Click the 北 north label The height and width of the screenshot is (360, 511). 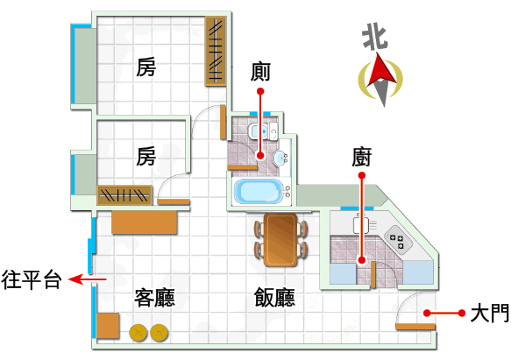(375, 37)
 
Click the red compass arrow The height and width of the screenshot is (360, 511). (380, 71)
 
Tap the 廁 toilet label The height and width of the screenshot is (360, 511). (260, 72)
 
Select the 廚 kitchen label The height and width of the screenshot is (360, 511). (361, 158)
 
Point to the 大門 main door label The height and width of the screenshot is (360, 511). (489, 313)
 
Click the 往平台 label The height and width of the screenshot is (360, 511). (32, 279)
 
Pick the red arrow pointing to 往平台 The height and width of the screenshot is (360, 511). (88, 279)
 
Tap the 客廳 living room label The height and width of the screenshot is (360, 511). (154, 298)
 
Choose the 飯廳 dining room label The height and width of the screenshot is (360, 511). (274, 298)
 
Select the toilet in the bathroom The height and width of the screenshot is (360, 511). (263, 131)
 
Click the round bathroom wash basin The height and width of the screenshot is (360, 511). (280, 159)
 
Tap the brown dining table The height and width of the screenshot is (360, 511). (280, 240)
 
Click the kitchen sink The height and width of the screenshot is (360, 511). (363, 225)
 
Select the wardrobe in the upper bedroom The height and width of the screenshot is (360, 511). (216, 52)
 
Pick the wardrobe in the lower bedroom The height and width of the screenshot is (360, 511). (124, 195)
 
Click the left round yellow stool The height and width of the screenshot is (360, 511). (138, 333)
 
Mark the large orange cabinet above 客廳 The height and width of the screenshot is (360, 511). (145, 222)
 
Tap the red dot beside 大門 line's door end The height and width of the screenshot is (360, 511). (427, 313)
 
